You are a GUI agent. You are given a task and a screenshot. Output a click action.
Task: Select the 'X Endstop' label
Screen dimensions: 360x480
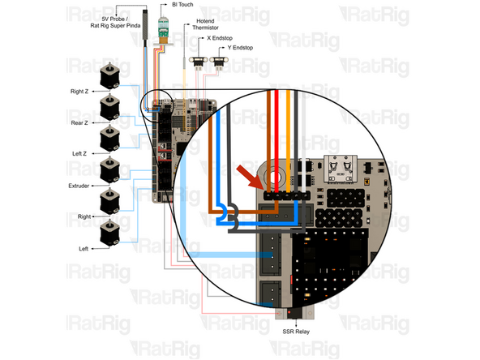221,38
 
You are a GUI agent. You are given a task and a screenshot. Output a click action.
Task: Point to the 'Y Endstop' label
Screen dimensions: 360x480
242,48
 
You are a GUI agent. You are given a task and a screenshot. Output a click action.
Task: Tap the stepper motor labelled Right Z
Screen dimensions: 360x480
109,78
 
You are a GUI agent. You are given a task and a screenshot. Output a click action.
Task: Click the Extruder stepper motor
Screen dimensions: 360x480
109,170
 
